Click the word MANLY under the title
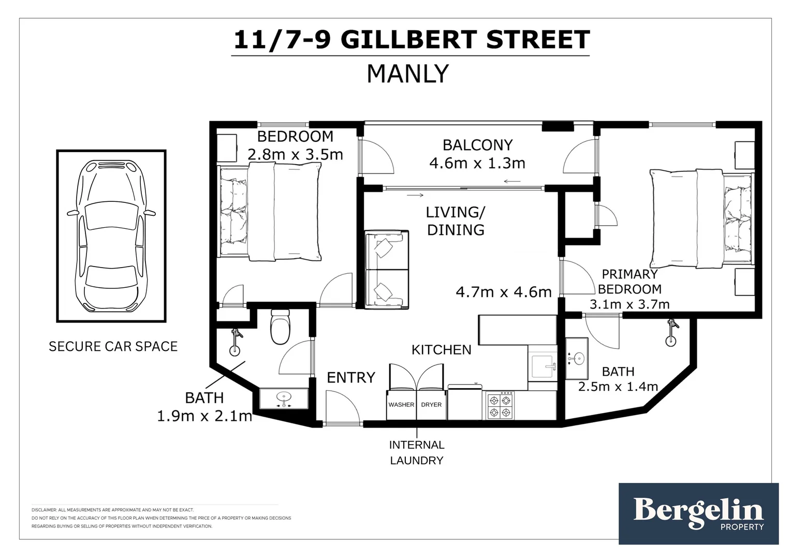[x=407, y=73]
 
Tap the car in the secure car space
[x=111, y=236]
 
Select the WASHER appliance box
[x=401, y=405]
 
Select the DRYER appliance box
[x=431, y=405]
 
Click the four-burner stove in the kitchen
[x=500, y=406]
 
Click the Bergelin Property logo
[x=698, y=513]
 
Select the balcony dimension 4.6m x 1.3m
[x=477, y=164]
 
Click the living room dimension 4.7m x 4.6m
[x=503, y=292]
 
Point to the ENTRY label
[x=350, y=377]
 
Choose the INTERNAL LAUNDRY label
[x=417, y=452]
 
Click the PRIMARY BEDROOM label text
[x=629, y=282]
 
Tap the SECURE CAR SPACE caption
[x=113, y=346]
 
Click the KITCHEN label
[x=441, y=350]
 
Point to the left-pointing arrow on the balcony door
[x=512, y=181]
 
